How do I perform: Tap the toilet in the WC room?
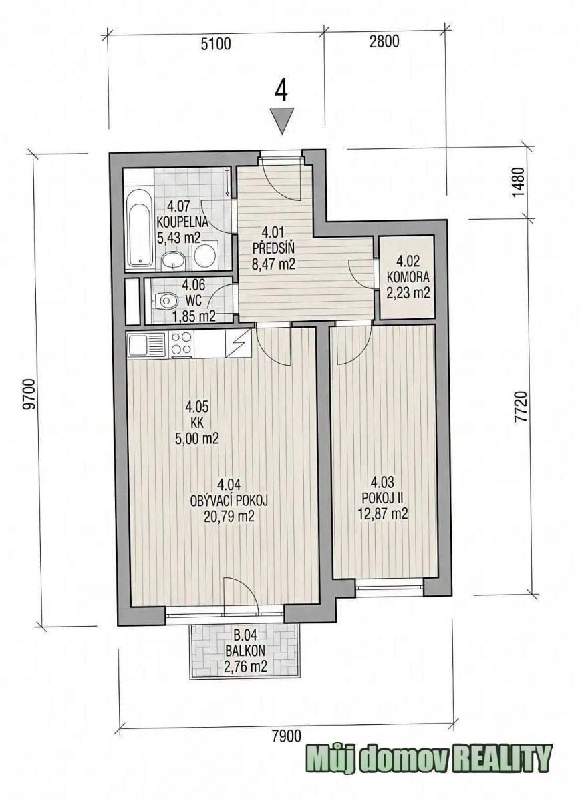(165, 300)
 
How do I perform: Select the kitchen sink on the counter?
(147, 344)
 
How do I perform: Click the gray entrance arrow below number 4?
(282, 121)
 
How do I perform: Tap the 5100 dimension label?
(216, 44)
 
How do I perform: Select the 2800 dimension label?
(384, 42)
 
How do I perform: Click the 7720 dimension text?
(521, 407)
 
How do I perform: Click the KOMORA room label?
(408, 277)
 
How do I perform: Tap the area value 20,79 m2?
(229, 517)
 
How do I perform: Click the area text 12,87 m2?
(383, 514)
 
